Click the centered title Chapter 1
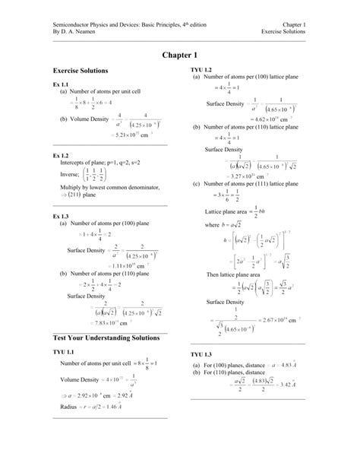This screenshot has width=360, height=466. tap(180, 55)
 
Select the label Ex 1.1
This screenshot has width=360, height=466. tap(60, 84)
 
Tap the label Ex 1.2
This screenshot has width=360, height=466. tap(60, 155)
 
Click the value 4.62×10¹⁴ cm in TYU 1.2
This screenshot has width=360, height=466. tap(251, 119)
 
